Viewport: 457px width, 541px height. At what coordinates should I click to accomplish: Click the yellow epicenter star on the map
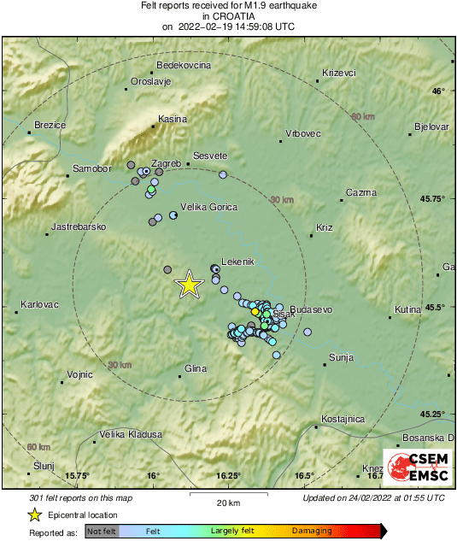188,285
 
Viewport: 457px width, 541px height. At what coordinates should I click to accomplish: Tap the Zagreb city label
167,163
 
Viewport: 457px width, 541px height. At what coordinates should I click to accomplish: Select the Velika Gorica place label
209,207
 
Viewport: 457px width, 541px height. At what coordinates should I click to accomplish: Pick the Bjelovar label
431,126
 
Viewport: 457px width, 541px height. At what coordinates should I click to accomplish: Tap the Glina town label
196,369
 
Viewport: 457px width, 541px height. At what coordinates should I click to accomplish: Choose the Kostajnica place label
344,420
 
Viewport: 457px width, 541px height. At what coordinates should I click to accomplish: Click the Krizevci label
339,73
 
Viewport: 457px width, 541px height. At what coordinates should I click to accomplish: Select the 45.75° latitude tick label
436,198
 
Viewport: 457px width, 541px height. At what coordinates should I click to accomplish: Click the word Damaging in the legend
312,531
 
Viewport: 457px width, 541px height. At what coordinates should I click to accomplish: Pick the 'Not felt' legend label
103,531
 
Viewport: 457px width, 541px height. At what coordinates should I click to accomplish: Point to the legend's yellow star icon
34,515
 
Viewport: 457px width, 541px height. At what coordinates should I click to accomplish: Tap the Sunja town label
341,356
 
